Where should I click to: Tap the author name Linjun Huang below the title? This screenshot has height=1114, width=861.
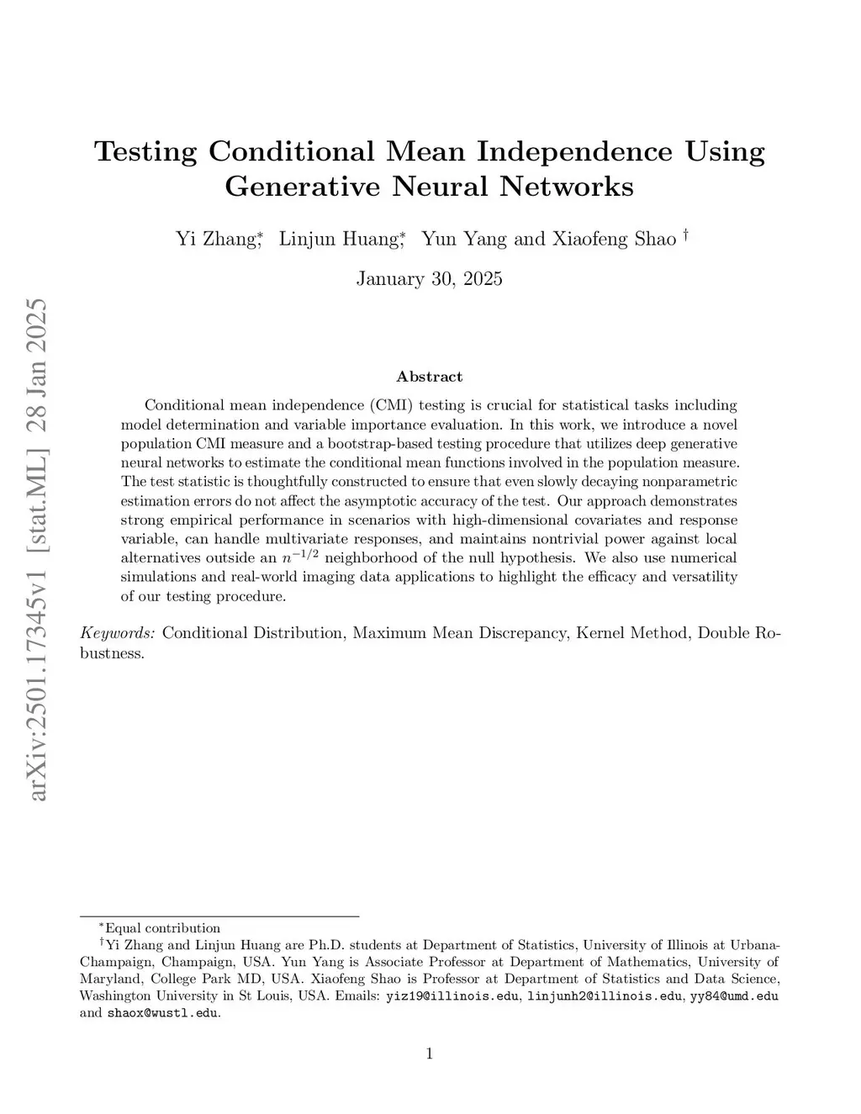point(338,239)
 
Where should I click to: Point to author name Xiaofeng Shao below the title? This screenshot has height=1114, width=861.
point(614,239)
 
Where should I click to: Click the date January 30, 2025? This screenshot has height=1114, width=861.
point(429,278)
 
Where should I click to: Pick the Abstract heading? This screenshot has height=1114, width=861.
point(429,377)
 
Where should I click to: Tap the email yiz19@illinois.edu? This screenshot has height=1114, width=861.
point(452,996)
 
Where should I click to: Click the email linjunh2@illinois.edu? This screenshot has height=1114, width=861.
point(604,996)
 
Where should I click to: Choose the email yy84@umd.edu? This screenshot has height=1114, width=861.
point(734,996)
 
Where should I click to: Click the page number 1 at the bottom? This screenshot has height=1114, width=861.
point(430,1053)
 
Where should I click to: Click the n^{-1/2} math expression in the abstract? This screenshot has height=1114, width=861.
point(298,557)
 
